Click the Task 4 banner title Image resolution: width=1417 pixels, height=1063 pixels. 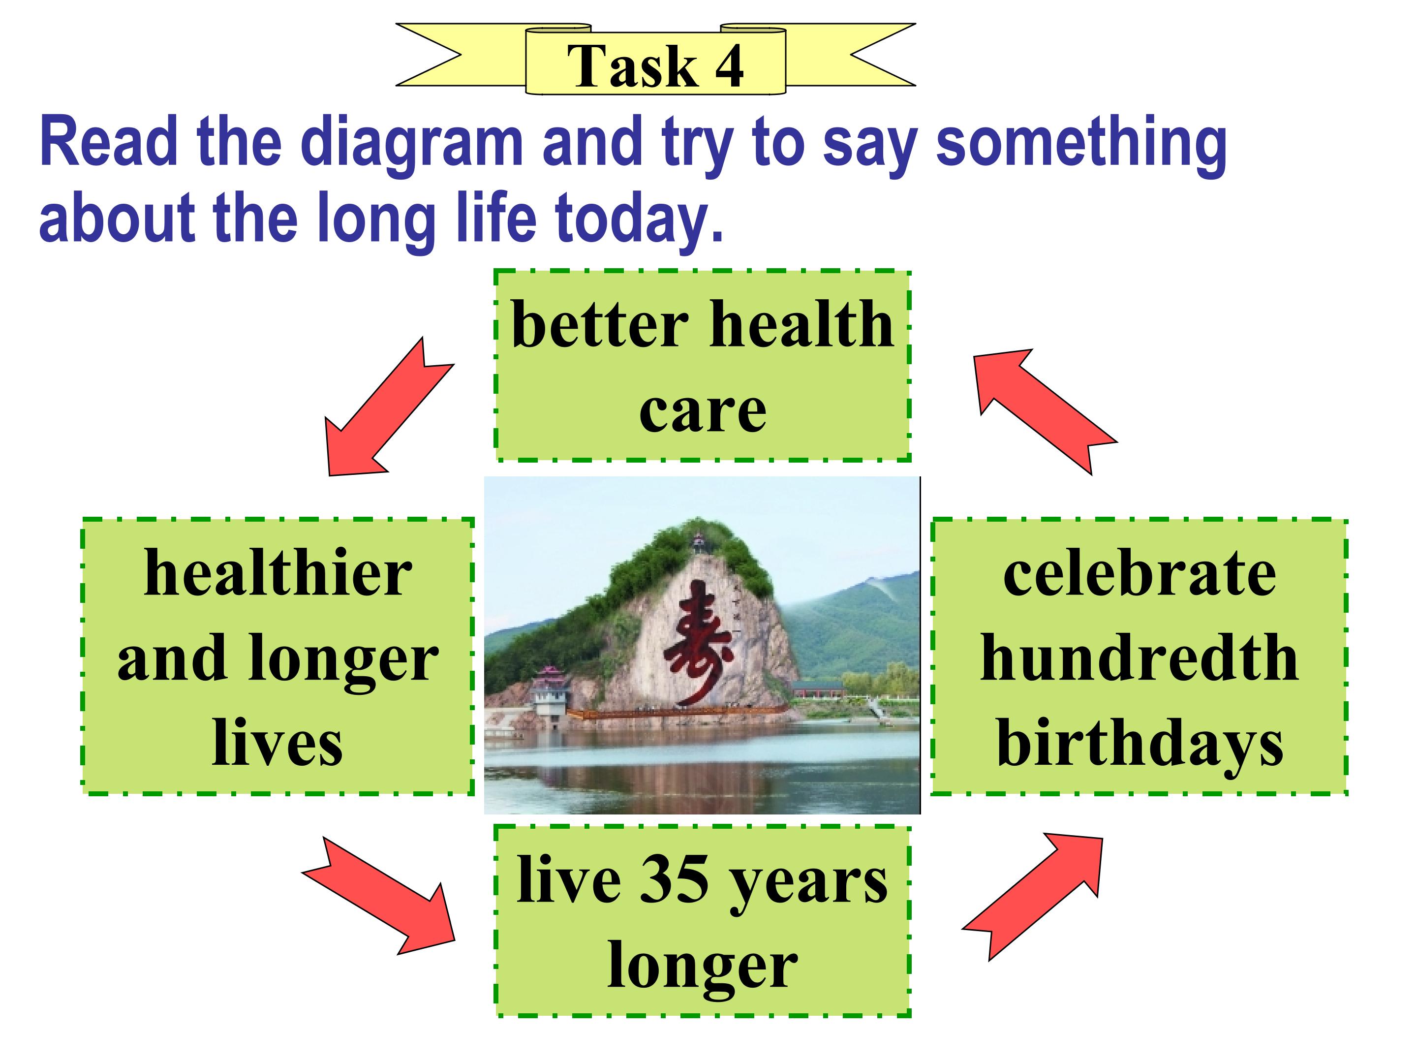655,66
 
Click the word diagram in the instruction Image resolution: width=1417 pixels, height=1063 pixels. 412,144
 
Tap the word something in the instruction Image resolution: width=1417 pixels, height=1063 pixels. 1081,144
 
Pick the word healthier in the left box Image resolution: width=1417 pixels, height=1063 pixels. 278,572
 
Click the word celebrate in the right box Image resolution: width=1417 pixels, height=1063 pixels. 1140,573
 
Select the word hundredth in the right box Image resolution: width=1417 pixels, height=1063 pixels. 1140,657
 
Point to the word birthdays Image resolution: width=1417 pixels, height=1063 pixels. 1140,743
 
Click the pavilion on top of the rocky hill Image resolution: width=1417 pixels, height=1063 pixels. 699,543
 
